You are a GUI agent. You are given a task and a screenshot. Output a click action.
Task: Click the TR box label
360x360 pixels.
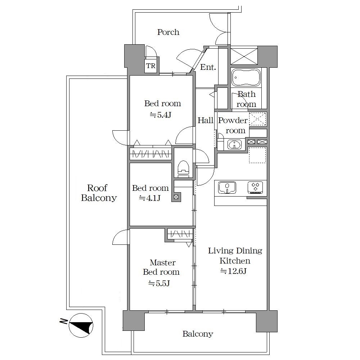point(150,66)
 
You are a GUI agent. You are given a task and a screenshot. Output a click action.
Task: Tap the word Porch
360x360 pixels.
point(168,32)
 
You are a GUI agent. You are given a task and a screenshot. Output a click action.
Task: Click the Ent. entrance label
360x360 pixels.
point(208,67)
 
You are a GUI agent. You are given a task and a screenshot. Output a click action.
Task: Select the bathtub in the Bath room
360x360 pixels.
point(246,78)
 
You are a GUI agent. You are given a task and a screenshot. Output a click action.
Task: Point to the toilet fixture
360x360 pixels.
point(183,169)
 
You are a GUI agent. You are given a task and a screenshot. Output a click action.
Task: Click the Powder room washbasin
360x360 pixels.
point(234,145)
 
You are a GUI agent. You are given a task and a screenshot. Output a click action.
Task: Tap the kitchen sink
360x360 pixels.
point(227,188)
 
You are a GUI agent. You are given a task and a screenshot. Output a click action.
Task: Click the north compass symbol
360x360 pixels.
point(81,325)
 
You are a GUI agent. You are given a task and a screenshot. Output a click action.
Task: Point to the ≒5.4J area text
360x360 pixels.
point(161,114)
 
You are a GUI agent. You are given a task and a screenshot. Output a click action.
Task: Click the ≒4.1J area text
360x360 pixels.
point(149,198)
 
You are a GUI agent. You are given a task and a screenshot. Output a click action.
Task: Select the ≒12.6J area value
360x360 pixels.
point(233,271)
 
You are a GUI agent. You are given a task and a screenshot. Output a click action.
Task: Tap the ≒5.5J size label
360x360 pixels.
point(159,283)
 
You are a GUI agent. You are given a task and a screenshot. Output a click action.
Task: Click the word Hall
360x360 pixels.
point(206,120)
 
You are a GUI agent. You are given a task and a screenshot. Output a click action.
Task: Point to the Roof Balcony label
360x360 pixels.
point(99,193)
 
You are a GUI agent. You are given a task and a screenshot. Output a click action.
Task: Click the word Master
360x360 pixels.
point(163,262)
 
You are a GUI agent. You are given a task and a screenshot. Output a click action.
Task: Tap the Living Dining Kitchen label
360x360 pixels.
point(235,256)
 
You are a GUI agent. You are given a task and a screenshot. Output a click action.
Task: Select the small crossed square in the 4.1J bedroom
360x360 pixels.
point(176,197)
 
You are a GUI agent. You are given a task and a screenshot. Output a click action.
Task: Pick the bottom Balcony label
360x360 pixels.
point(198,334)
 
